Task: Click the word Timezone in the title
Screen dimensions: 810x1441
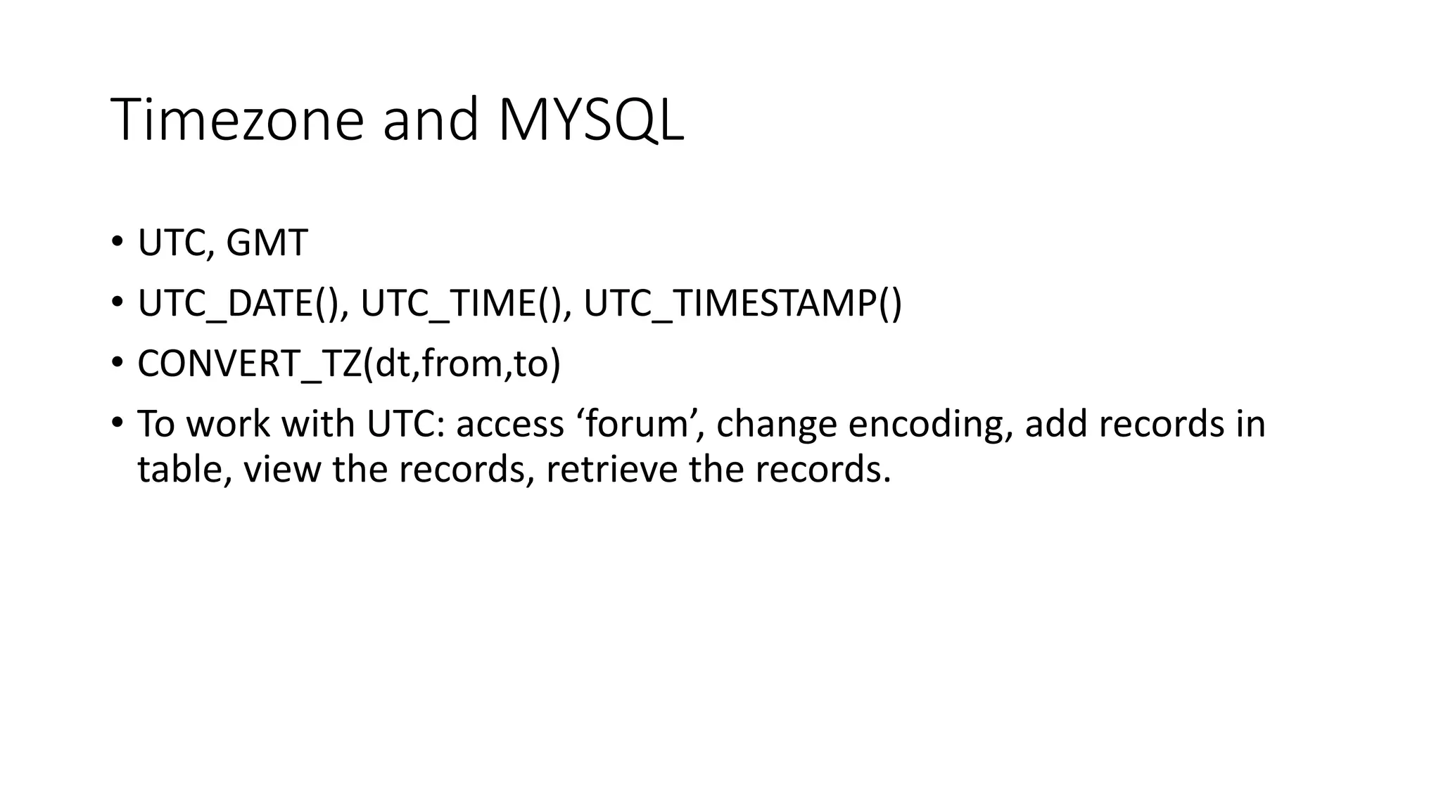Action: (x=236, y=120)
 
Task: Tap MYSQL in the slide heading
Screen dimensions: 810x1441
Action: (x=590, y=120)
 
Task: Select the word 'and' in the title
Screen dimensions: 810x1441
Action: (x=430, y=120)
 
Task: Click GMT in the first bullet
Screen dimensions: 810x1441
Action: (x=267, y=243)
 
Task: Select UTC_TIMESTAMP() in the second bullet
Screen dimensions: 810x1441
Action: (x=742, y=304)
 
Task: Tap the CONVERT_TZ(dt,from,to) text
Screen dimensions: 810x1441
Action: (x=349, y=364)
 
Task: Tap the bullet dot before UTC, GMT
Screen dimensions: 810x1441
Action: (x=116, y=243)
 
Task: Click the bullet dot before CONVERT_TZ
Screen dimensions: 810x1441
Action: (x=116, y=364)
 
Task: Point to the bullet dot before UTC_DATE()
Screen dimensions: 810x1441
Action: (x=116, y=304)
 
